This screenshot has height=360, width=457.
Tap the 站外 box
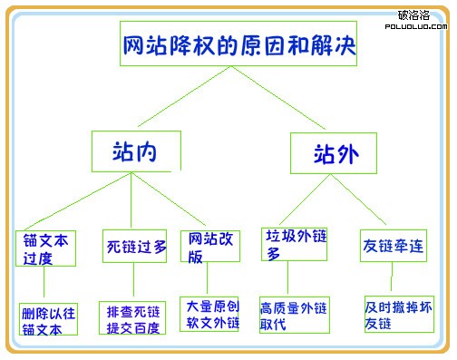click(333, 153)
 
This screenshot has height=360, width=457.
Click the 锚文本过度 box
click(45, 247)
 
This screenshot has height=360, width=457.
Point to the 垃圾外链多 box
click(292, 243)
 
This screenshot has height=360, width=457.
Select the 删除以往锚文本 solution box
click(48, 319)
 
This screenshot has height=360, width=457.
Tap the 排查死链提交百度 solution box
click(132, 318)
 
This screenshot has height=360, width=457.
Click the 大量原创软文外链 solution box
click(209, 313)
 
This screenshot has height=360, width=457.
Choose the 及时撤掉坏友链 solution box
click(399, 313)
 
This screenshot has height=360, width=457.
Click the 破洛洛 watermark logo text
click(413, 15)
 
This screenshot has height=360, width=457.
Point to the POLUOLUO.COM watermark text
click(413, 27)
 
